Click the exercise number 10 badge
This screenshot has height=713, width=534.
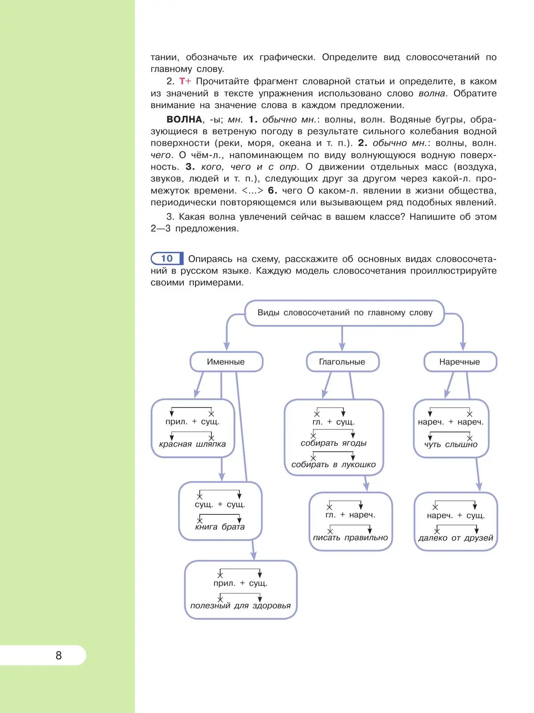(167, 258)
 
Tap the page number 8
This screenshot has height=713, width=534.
(59, 655)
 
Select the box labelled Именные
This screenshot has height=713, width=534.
(226, 362)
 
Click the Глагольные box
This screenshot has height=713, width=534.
(342, 362)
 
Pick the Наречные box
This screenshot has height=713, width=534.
(460, 362)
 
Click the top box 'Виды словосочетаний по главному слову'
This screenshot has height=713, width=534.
(345, 312)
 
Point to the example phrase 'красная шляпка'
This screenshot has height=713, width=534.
(192, 444)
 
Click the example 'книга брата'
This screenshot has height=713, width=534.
(220, 527)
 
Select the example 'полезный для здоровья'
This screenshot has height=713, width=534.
(240, 605)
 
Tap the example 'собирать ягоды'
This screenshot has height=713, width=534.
(334, 443)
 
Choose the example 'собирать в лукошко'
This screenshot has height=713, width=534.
(334, 465)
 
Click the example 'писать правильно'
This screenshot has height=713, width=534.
(350, 538)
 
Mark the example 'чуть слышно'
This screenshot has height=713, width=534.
(451, 445)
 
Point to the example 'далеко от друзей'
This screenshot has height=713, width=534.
(456, 538)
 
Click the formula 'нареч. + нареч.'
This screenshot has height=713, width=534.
(451, 422)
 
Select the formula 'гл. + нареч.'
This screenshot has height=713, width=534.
(350, 515)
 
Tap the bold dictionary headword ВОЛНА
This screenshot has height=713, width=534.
(184, 119)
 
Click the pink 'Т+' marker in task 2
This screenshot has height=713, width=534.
(185, 81)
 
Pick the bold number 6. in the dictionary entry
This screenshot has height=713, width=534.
(272, 190)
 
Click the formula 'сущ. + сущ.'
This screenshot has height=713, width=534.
(220, 505)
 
